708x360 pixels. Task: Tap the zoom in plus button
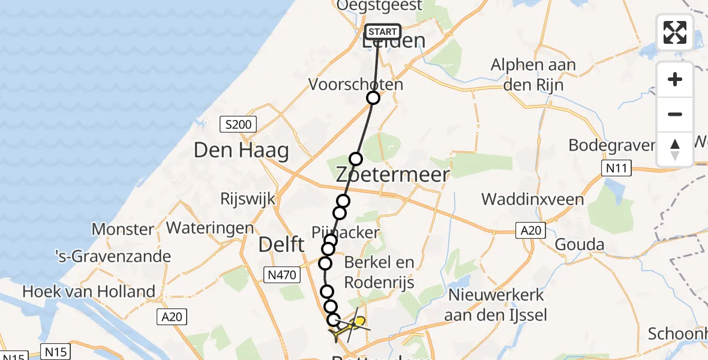tap(675, 80)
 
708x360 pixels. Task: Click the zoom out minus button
tap(675, 114)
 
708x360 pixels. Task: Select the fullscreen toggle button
tap(675, 32)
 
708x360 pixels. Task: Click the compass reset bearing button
tap(675, 149)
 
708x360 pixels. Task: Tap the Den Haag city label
tap(241, 151)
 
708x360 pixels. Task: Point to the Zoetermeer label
tap(392, 175)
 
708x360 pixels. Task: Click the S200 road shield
tap(238, 125)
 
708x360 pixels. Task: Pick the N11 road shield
tap(617, 169)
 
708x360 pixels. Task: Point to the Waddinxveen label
tap(533, 199)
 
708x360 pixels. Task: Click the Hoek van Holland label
tap(89, 292)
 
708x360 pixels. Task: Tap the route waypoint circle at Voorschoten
tap(373, 98)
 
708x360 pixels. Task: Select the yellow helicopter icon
tap(358, 323)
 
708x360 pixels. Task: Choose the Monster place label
tap(122, 229)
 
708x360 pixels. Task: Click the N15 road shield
tap(56, 351)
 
